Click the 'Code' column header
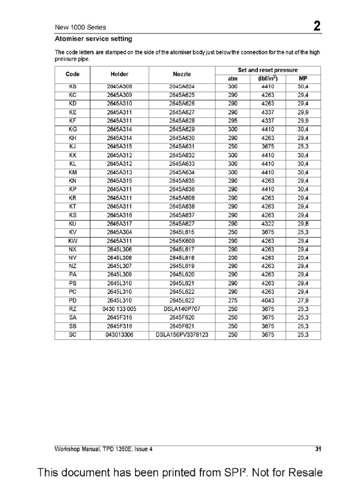(72, 74)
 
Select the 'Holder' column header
(119, 74)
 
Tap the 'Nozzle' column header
(181, 74)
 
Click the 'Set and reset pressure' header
(268, 70)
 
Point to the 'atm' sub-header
(232, 78)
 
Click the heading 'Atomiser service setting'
(93, 38)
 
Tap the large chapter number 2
(317, 27)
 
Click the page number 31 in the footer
(318, 449)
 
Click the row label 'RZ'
(72, 309)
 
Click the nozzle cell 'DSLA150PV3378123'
(181, 335)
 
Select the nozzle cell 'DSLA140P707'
(181, 309)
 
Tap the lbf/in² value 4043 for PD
(268, 300)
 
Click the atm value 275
(232, 300)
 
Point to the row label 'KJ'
(72, 146)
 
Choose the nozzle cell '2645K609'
(181, 241)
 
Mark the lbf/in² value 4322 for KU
(268, 224)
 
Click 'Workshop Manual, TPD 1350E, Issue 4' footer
(104, 449)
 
